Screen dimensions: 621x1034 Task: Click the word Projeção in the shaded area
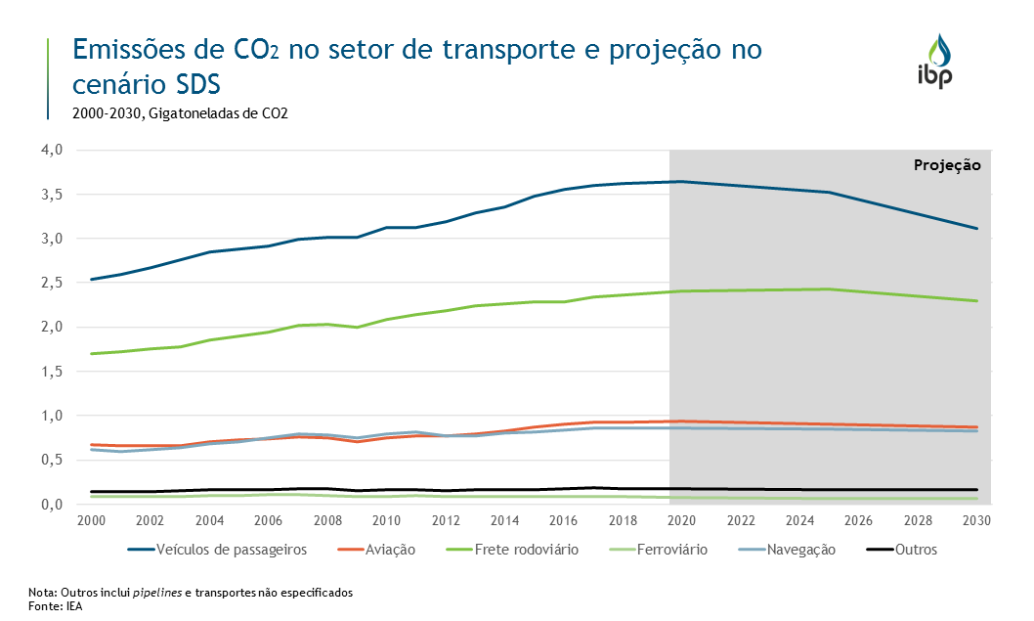tap(946, 165)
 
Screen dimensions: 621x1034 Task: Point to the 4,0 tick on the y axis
tap(51, 150)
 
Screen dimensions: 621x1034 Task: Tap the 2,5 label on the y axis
tap(51, 283)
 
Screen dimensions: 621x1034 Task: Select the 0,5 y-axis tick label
tap(51, 460)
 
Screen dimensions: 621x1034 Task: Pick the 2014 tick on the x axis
tap(505, 520)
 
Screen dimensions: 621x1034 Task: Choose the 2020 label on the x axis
tap(682, 520)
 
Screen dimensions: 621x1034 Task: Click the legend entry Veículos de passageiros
tap(232, 550)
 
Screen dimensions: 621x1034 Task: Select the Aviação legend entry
tap(389, 550)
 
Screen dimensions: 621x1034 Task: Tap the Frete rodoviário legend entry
tap(526, 550)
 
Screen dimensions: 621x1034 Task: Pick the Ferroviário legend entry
tap(671, 550)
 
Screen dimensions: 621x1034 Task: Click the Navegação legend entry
tap(801, 550)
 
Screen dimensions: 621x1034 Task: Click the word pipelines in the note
tap(159, 593)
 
